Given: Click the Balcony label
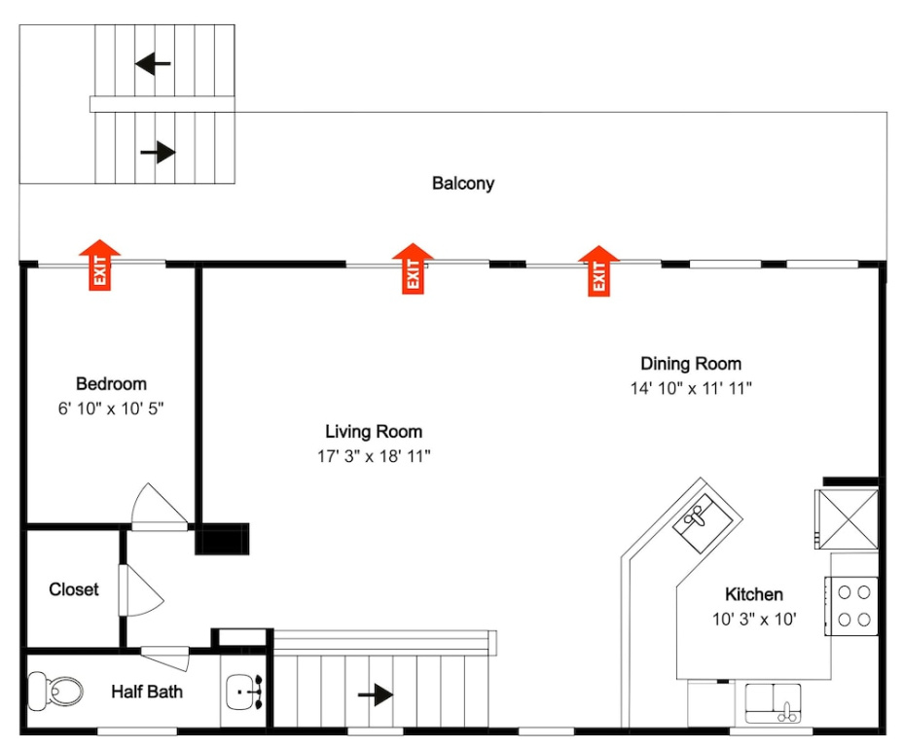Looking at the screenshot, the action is click(463, 184).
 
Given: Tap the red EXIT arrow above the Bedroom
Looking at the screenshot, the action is click(99, 265).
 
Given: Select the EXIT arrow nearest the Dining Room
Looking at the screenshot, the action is click(598, 270).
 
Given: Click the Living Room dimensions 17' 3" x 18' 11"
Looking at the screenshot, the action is click(374, 456).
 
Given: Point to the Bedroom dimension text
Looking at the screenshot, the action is click(111, 409).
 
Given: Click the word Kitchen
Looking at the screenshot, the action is click(754, 594).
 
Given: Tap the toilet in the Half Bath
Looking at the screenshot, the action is click(55, 691).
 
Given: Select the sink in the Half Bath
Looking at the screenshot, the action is click(244, 692).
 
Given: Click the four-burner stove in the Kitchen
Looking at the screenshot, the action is click(851, 605).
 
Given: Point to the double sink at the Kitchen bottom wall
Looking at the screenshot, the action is click(773, 702).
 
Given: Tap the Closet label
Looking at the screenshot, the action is click(74, 589).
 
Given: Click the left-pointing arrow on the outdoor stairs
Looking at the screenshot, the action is click(153, 63).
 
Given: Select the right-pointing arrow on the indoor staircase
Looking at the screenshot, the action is click(376, 694).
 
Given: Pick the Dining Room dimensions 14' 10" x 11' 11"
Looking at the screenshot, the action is click(691, 388).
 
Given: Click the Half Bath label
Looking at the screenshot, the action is click(147, 692).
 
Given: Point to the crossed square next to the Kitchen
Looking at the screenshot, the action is click(847, 519).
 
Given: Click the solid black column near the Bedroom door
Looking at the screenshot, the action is click(222, 539).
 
